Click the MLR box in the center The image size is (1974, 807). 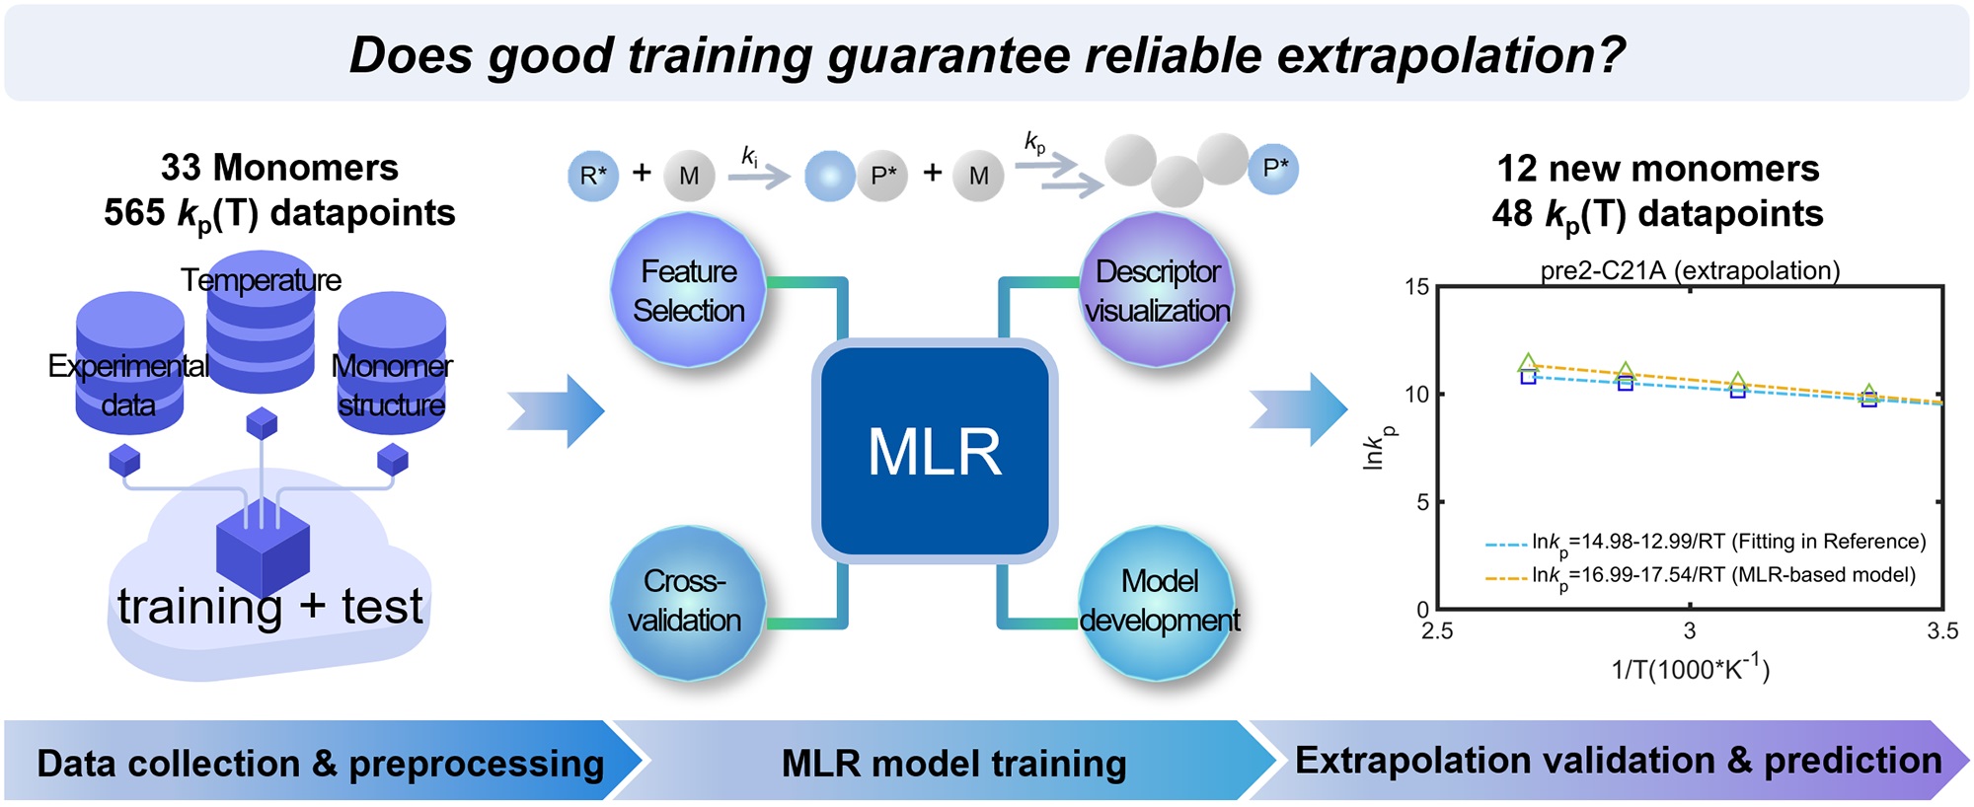coord(935,452)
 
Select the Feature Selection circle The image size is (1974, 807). coord(688,290)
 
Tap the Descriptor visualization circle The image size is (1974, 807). coord(1157,290)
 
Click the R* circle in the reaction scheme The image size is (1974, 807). coord(593,176)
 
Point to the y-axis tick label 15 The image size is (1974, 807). coord(1417,287)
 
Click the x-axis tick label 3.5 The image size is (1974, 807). coord(1942,631)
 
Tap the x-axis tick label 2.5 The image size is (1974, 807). coord(1437,631)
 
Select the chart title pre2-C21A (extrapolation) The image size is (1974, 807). coord(1690,270)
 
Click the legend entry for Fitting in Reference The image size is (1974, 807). coord(1706,543)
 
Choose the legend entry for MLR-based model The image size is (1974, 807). coord(1700,576)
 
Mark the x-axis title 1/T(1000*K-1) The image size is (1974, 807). coord(1691,668)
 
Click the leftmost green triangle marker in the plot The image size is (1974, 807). coord(1528,363)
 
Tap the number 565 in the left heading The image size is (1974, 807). coord(134,213)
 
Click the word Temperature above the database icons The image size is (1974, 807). coord(261,280)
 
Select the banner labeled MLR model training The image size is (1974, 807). coord(953,762)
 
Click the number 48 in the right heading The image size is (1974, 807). coord(1512,213)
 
